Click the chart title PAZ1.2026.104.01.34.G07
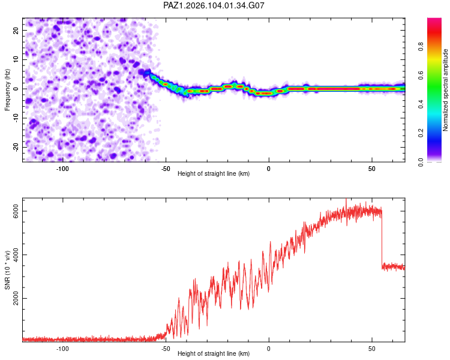click(x=214, y=5)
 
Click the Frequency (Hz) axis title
click(x=7, y=90)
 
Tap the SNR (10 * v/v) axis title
click(x=7, y=270)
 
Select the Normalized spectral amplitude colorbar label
click(x=445, y=90)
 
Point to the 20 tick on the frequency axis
click(x=16, y=30)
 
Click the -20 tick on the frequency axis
click(x=16, y=147)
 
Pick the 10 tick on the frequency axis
click(x=16, y=59)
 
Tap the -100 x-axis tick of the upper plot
click(x=62, y=169)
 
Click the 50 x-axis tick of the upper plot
click(x=371, y=169)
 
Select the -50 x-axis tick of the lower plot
click(x=166, y=349)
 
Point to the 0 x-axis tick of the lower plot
click(x=269, y=349)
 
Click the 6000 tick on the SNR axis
click(x=16, y=211)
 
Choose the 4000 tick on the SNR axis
click(x=16, y=254)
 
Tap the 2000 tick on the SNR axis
click(x=16, y=298)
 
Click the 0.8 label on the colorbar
click(x=421, y=47)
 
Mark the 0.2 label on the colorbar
click(x=421, y=133)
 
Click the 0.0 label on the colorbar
click(x=421, y=162)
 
